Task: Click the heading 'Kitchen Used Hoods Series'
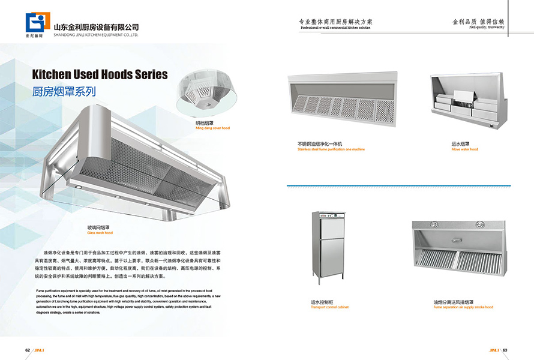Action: tap(100, 75)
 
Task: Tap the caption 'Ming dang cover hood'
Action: tap(212, 128)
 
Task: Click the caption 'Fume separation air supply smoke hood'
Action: tap(463, 307)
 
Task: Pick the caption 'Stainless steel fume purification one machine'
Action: tap(331, 149)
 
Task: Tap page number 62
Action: tap(28, 350)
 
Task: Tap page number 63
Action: tap(505, 350)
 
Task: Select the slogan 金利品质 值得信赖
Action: tap(478, 21)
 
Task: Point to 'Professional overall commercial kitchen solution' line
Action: tap(335, 28)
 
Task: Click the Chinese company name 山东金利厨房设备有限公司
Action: tap(96, 27)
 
